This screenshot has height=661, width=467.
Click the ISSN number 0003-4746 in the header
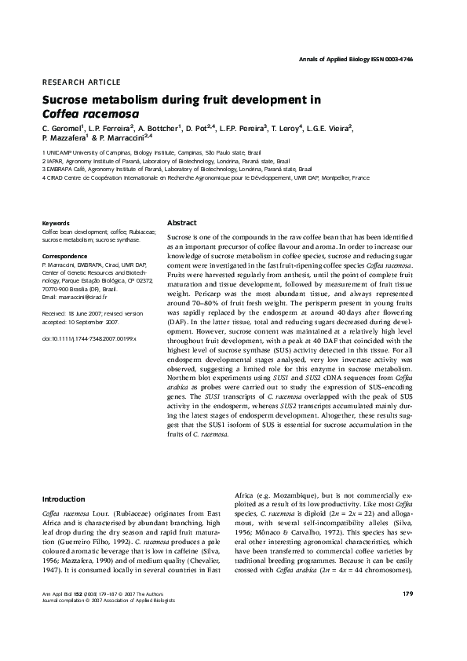click(x=410, y=60)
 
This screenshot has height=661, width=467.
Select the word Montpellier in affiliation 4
click(x=332, y=178)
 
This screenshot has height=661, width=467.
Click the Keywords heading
click(x=55, y=223)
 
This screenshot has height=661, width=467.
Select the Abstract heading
click(x=182, y=222)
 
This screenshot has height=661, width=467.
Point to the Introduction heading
click(x=64, y=498)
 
